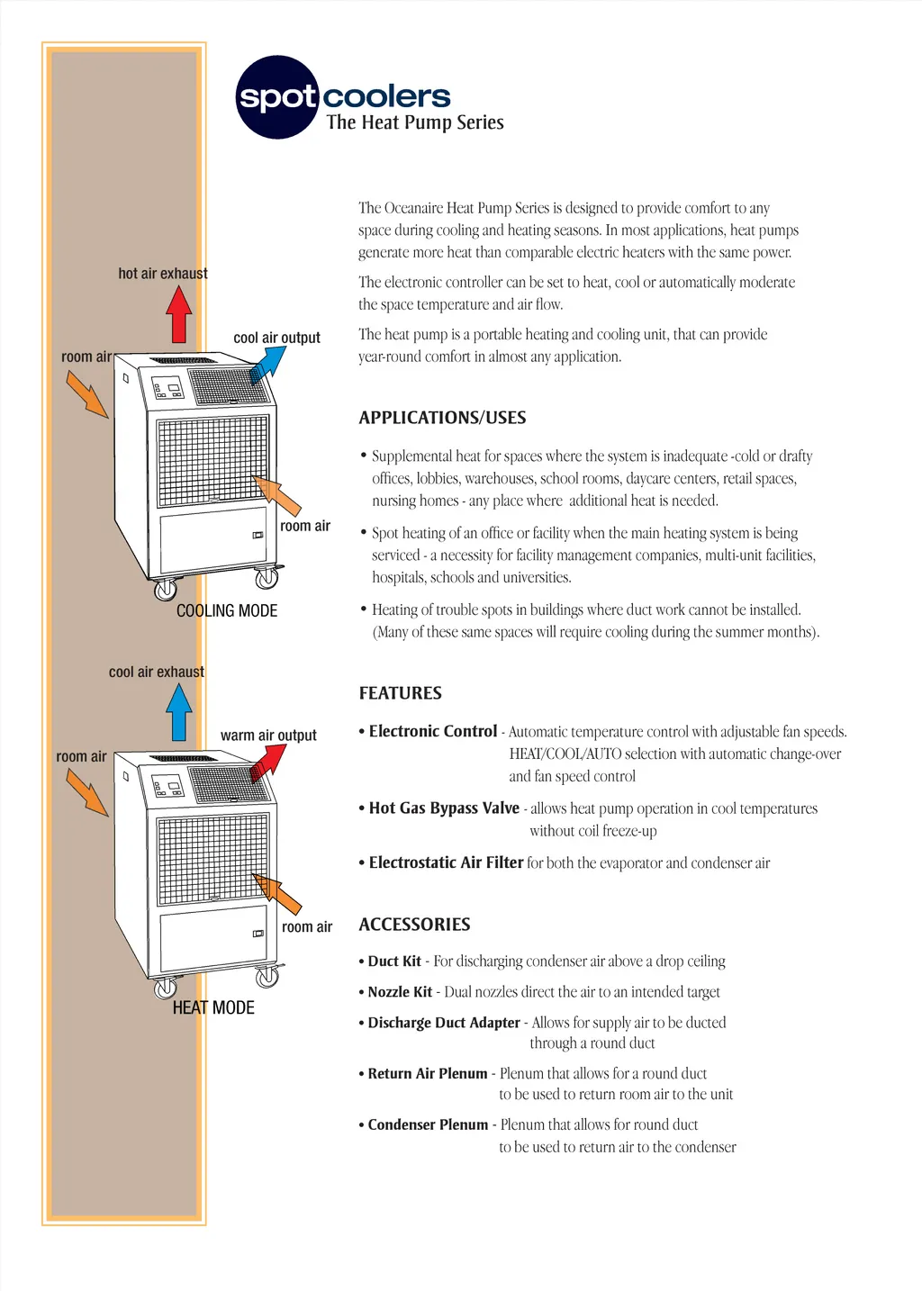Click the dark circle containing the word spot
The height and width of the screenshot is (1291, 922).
click(277, 97)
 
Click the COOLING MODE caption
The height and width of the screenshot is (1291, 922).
click(227, 610)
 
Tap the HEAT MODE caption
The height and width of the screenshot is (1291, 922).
click(213, 1007)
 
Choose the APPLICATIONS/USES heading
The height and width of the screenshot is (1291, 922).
click(442, 418)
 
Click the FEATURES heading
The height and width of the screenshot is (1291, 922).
click(400, 693)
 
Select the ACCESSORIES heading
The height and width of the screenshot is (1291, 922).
click(414, 925)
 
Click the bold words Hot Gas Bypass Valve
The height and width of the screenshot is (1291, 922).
click(444, 808)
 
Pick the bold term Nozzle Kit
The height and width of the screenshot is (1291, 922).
click(400, 992)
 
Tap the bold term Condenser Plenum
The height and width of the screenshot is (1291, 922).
click(428, 1124)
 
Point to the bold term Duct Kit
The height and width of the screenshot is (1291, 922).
click(394, 961)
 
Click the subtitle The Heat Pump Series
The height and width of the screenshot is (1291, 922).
click(415, 122)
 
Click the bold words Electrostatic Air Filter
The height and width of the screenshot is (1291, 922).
click(446, 862)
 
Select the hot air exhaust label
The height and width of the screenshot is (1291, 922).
click(163, 274)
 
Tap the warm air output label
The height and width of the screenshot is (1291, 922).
click(268, 736)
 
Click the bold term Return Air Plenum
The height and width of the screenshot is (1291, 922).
click(428, 1073)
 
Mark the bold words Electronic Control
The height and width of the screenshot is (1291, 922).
click(433, 731)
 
